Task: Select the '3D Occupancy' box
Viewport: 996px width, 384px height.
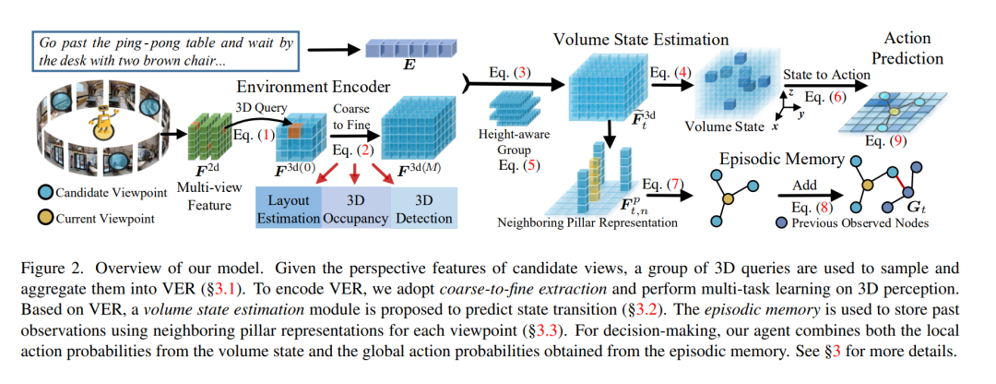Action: (357, 209)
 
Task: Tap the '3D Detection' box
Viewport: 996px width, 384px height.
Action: (424, 209)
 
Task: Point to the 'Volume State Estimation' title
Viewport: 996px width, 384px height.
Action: (641, 40)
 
